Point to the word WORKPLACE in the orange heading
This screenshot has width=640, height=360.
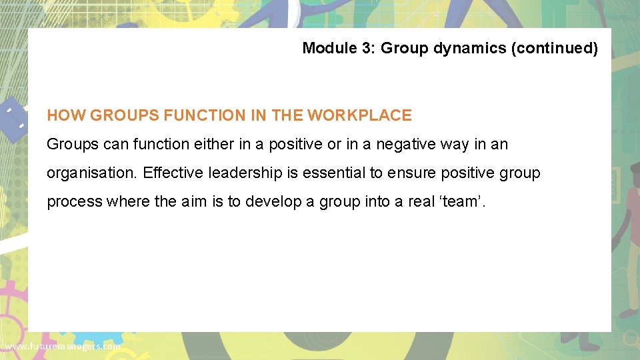click(x=359, y=115)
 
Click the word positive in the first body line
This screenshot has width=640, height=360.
click(x=296, y=144)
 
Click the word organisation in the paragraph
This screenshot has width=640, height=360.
click(x=91, y=173)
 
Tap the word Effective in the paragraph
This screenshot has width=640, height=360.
click(x=173, y=173)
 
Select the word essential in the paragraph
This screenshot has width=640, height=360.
click(x=335, y=173)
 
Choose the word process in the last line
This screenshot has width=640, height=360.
click(x=75, y=202)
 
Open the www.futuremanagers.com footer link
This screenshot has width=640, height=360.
click(x=61, y=347)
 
